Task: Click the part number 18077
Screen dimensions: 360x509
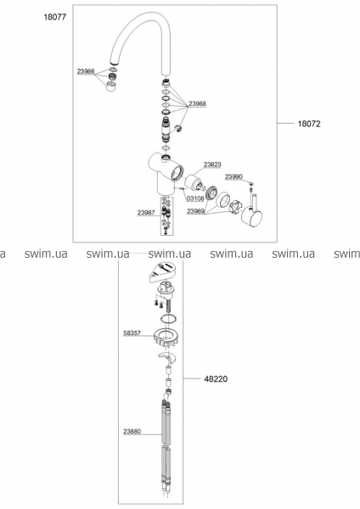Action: click(55, 17)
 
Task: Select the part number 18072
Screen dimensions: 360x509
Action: click(309, 124)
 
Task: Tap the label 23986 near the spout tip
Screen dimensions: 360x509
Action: click(86, 71)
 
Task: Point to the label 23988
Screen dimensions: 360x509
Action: click(198, 103)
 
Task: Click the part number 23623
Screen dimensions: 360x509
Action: click(212, 165)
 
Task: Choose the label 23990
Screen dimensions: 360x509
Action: click(234, 176)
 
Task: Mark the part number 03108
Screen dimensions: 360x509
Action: click(195, 199)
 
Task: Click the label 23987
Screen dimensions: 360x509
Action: click(146, 213)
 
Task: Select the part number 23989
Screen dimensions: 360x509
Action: click(195, 211)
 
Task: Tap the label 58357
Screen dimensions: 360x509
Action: click(132, 333)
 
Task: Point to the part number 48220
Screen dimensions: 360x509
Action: click(216, 379)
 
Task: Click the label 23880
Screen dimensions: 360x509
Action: click(132, 432)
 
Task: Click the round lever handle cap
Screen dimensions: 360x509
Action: click(253, 220)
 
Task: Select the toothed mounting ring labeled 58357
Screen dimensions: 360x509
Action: click(166, 338)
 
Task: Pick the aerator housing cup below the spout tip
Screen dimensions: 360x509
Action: click(112, 87)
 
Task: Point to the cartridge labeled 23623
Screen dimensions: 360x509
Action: click(194, 182)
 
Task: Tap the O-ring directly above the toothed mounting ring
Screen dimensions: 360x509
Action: click(168, 318)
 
